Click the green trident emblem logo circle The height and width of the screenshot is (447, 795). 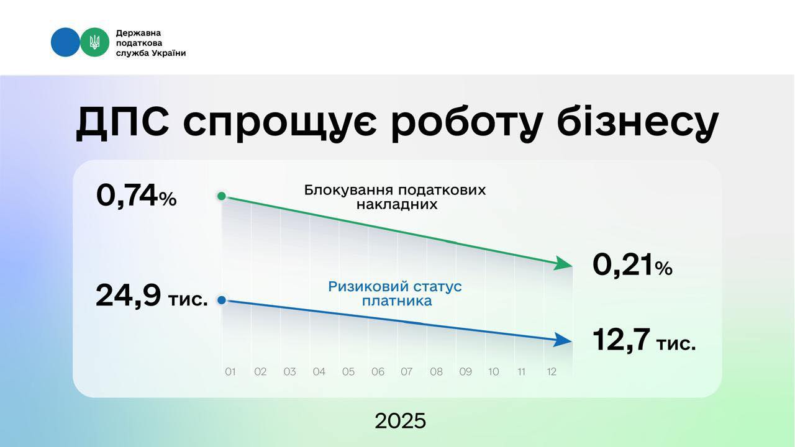(x=95, y=42)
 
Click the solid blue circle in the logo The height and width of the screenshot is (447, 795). (x=65, y=42)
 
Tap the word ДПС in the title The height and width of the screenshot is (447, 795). (x=122, y=122)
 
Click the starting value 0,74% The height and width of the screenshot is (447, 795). (x=137, y=196)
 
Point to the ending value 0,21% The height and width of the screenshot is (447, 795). (x=632, y=265)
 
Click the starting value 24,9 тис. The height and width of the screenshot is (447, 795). (x=152, y=296)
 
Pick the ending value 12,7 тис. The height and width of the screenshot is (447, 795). (x=644, y=340)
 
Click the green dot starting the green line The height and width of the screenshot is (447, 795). (x=222, y=196)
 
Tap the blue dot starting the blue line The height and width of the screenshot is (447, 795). (x=222, y=300)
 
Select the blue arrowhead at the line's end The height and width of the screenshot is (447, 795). (x=563, y=340)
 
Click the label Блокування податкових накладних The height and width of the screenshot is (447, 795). (x=395, y=197)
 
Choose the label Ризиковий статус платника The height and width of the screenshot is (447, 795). (x=395, y=294)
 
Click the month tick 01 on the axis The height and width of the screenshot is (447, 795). (x=230, y=372)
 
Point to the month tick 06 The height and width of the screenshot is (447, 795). (x=378, y=372)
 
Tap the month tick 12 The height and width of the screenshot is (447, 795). (x=551, y=372)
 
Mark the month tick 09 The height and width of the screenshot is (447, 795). (x=465, y=372)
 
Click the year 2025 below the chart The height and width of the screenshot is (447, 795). (x=401, y=421)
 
